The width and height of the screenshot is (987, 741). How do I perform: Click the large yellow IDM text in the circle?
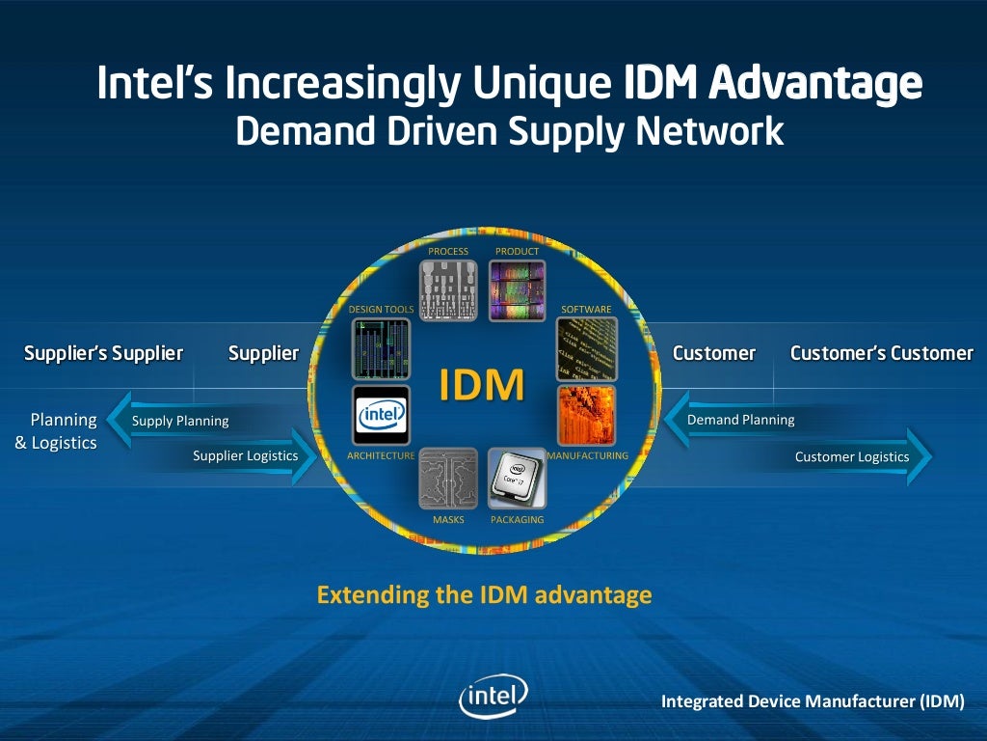482,384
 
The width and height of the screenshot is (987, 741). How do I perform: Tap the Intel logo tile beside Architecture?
381,416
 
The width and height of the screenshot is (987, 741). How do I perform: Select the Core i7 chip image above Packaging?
517,478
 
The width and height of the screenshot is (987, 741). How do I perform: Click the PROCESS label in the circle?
448,252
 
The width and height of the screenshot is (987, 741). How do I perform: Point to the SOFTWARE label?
586,310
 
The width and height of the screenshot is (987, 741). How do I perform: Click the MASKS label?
448,520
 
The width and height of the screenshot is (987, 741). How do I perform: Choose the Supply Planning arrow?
180,421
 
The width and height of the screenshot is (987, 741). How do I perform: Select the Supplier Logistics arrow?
246,456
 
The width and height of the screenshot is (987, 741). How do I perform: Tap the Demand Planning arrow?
740,420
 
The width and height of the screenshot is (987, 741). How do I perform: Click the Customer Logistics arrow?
852,457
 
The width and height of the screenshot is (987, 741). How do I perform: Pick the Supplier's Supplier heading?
103,353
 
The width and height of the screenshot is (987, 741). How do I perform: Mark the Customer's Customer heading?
881,353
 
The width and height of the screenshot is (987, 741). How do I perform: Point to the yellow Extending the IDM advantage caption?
484,594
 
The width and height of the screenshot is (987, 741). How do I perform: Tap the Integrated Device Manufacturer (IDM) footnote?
812,701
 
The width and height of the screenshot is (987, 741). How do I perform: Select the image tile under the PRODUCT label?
517,290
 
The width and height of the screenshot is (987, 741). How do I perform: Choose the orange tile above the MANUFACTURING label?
586,416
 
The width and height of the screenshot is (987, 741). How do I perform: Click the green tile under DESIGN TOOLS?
381,348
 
